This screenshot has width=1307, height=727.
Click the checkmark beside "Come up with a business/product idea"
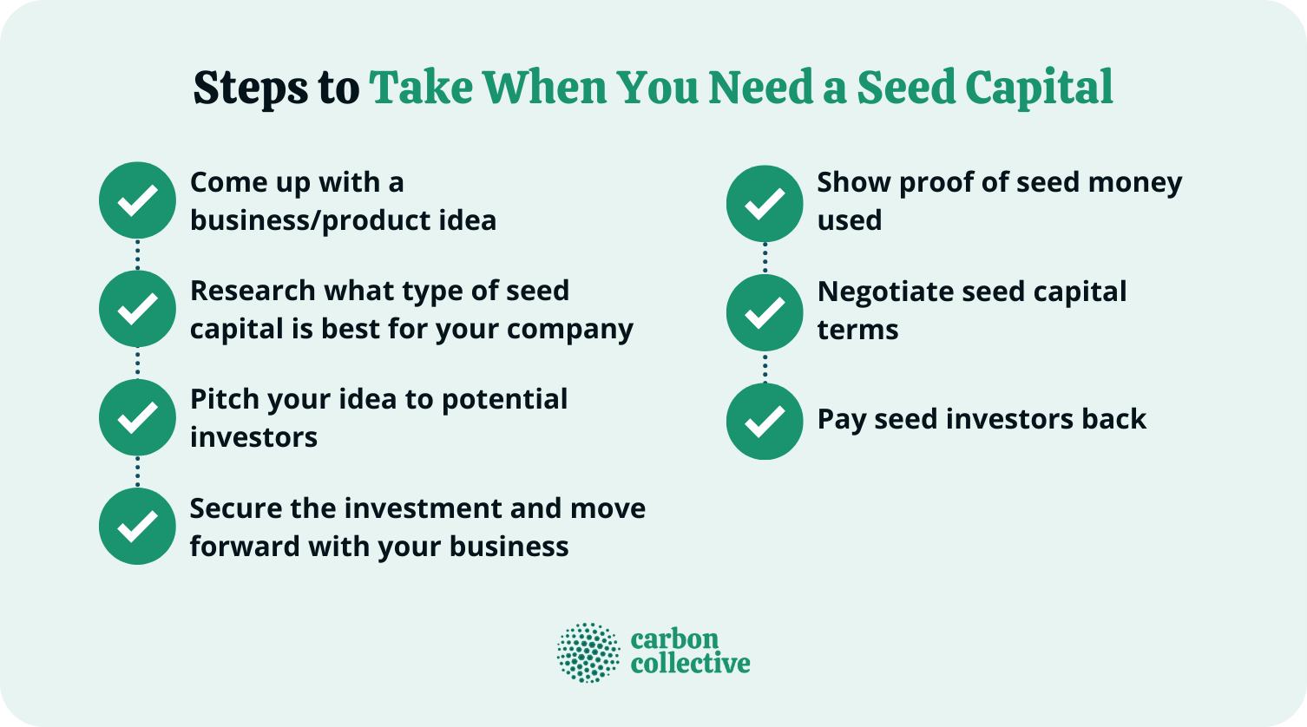[x=137, y=200]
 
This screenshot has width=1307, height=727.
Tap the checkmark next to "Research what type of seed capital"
[x=137, y=309]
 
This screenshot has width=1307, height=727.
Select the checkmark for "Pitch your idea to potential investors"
[x=137, y=417]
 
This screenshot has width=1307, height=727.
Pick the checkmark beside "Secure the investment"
[x=137, y=526]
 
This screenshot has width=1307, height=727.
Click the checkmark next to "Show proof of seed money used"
[x=765, y=204]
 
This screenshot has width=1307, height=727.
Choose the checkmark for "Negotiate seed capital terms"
[x=765, y=312]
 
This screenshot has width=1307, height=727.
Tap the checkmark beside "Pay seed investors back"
[x=765, y=421]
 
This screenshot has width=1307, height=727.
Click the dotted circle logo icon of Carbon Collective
[x=588, y=652]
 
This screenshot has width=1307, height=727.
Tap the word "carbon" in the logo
[x=674, y=640]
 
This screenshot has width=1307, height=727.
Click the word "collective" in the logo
[x=690, y=664]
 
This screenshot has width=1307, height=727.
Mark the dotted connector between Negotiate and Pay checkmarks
[x=765, y=367]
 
